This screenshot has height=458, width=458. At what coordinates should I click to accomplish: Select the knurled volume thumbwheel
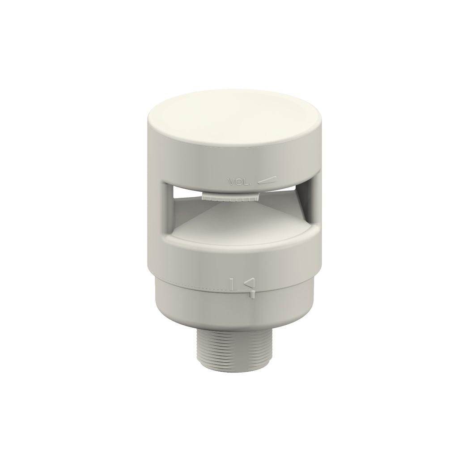click(230, 197)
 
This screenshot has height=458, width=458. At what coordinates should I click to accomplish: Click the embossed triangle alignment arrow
click(250, 284)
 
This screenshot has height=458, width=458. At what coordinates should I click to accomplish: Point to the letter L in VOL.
click(247, 182)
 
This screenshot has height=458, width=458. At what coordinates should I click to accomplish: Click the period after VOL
click(252, 183)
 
